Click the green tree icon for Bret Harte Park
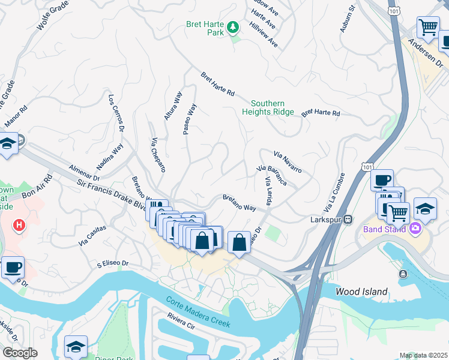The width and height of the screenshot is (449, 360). (232, 27)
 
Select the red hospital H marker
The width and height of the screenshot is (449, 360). (20, 226)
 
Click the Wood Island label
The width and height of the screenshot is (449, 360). (361, 292)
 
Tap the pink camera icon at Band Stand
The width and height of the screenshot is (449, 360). (415, 228)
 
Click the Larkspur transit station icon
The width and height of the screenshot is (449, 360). (347, 219)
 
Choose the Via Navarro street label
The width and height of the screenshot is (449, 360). (288, 162)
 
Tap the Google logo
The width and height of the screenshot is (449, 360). (19, 352)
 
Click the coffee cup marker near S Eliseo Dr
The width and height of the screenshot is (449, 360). (13, 267)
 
